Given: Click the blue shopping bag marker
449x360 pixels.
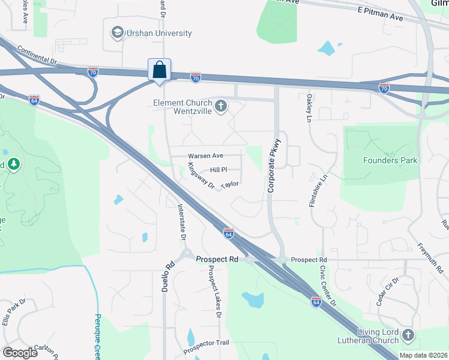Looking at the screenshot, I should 160,70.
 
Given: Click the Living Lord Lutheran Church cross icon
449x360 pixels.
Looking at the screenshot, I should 408,335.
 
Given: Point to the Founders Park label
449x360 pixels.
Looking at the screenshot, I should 390,160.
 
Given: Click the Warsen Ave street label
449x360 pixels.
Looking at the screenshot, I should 205,156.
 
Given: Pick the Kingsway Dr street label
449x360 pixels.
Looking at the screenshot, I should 201,176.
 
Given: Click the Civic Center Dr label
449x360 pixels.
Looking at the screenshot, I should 328,285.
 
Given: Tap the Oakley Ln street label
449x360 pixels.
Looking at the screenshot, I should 309,109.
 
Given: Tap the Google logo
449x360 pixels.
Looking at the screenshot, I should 20,353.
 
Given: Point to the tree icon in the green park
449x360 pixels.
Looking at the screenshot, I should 14,163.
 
